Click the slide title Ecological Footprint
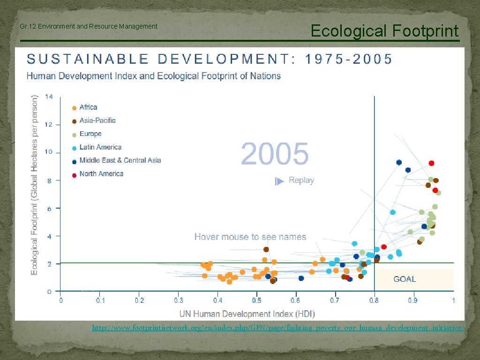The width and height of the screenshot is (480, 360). click(x=384, y=31)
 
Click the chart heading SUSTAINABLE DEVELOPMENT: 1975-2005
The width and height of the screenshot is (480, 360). click(x=210, y=59)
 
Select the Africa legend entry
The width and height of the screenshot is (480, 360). click(x=88, y=107)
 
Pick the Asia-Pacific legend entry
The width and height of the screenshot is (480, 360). click(x=97, y=120)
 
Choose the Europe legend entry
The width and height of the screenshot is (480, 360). click(x=90, y=134)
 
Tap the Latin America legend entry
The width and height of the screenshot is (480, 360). click(x=100, y=147)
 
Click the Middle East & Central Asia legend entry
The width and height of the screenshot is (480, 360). click(x=120, y=160)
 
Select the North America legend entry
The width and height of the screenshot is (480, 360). click(x=101, y=174)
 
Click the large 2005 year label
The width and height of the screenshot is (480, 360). click(x=275, y=154)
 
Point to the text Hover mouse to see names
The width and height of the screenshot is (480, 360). click(x=250, y=237)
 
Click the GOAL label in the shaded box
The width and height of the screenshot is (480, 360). click(x=405, y=279)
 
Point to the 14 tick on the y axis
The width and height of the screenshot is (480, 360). click(x=49, y=97)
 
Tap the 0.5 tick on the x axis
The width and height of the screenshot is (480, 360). click(x=256, y=300)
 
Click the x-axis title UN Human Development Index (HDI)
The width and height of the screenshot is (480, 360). click(x=247, y=313)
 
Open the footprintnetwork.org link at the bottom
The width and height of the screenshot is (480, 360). click(x=278, y=328)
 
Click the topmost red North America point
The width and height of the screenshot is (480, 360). click(x=431, y=163)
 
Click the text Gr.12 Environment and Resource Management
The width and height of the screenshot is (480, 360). click(x=89, y=26)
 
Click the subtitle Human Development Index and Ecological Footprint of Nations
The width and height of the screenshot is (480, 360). click(x=153, y=76)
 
